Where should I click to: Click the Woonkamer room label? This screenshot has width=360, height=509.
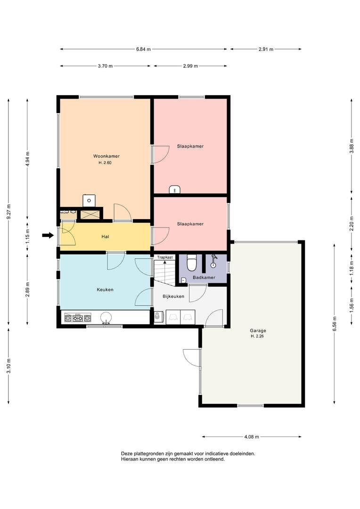click(106, 156)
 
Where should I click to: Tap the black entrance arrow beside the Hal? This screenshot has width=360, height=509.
click(48, 235)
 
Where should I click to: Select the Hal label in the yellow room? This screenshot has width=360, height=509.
click(105, 237)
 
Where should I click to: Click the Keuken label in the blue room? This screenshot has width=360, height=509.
click(105, 289)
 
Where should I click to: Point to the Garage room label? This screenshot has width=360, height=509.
click(258, 331)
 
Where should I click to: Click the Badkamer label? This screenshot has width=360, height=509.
click(204, 278)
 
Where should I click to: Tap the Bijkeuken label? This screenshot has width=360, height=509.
click(173, 296)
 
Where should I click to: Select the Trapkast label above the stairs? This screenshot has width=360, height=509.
click(165, 257)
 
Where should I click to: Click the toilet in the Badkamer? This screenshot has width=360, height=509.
click(192, 263)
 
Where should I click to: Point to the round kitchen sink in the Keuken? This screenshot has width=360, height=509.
click(106, 317)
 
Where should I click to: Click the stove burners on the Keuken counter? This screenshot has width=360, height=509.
click(78, 318)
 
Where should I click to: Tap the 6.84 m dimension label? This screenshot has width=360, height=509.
click(143, 49)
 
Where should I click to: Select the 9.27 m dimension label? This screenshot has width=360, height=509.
click(9, 212)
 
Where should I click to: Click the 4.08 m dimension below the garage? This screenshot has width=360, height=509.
click(252, 436)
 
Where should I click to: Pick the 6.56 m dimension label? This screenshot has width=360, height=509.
click(335, 324)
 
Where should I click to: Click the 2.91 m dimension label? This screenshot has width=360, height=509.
click(266, 49)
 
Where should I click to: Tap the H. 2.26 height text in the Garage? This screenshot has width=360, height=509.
click(257, 337)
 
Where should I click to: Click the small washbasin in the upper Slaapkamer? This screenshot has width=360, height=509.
click(175, 189)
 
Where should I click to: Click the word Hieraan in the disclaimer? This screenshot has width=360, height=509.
click(129, 459)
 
